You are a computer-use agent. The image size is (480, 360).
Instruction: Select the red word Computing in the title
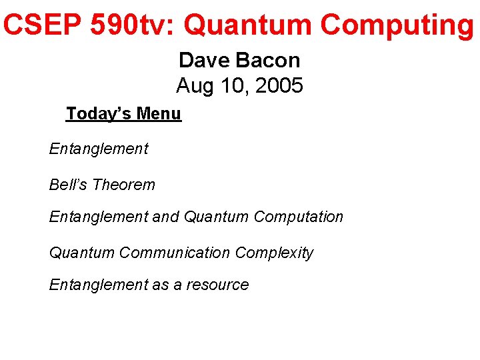coord(397,25)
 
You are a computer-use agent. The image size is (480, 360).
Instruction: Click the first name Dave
coord(203,60)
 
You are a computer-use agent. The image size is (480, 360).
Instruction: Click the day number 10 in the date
coord(231,86)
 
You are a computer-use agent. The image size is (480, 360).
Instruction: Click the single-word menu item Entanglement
coord(99,149)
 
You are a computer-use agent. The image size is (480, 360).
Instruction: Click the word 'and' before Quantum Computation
coord(166,217)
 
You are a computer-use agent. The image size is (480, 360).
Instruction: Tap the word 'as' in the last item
coord(160,285)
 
